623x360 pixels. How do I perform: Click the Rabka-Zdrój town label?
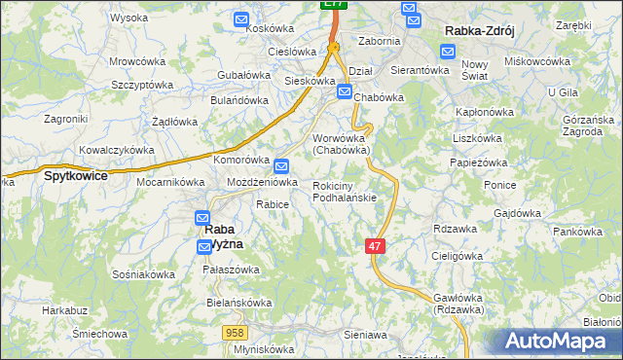478,31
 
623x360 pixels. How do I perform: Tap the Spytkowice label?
75,177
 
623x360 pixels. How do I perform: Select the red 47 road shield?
376,246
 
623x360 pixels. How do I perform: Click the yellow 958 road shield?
233,333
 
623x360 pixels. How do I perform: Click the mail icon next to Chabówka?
344,91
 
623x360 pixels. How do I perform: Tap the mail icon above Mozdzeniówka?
281,166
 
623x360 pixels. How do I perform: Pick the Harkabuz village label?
65,311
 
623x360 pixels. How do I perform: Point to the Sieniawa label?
365,335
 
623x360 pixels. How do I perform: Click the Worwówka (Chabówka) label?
340,144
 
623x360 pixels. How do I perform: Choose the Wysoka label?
128,18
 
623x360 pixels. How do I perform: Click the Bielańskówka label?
238,303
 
